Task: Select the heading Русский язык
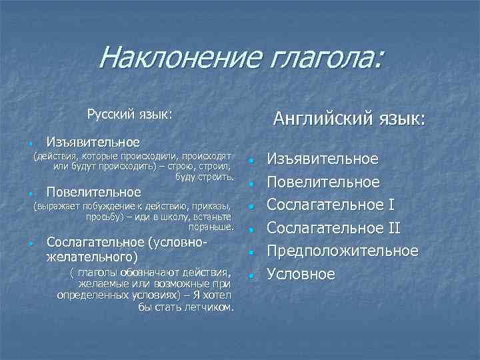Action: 129,115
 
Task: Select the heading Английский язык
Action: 349,119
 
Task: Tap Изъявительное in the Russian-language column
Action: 93,142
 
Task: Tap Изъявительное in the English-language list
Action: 323,159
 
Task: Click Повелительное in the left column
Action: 93,193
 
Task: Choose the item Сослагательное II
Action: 333,229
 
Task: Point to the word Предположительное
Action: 343,251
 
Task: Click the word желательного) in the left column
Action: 92,255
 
